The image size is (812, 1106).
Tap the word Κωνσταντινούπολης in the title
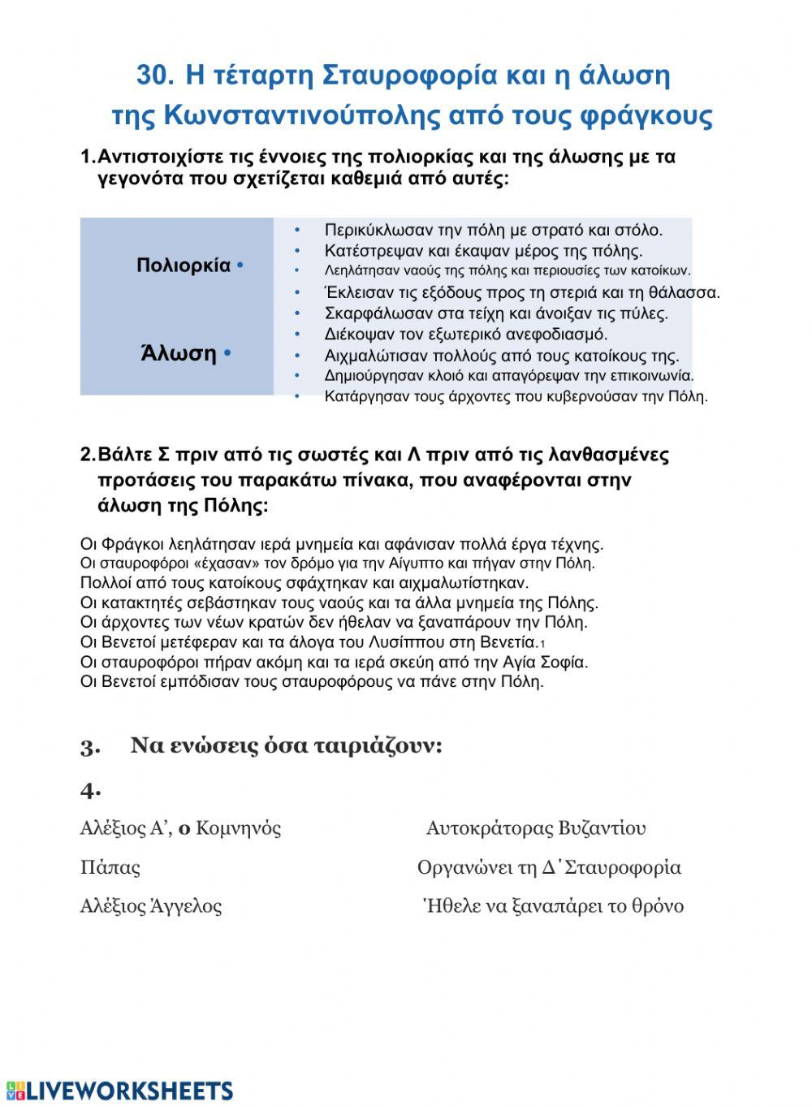pyautogui.click(x=301, y=115)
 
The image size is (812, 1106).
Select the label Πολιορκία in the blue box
pyautogui.click(x=184, y=266)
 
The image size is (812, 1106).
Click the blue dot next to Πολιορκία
pyautogui.click(x=240, y=266)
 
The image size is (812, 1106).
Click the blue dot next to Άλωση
pyautogui.click(x=227, y=353)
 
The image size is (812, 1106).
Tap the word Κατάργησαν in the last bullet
pyautogui.click(x=357, y=397)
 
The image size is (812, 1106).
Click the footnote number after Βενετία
pyautogui.click(x=542, y=644)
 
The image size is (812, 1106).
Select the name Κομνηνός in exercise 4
pyautogui.click(x=239, y=828)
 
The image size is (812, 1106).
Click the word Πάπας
pyautogui.click(x=110, y=867)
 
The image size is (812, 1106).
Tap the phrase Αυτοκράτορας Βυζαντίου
pyautogui.click(x=536, y=828)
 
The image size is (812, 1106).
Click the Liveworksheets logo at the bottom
pyautogui.click(x=119, y=1090)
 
